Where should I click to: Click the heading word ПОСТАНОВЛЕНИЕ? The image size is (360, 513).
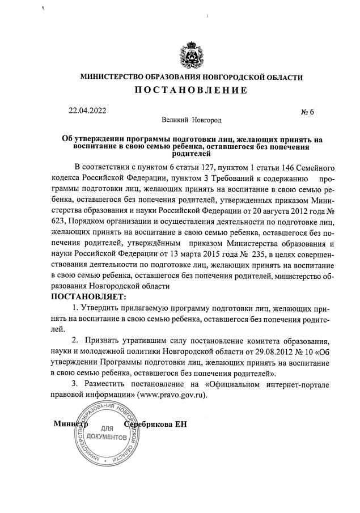coord(191,91)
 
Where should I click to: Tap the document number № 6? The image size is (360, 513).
coord(307,112)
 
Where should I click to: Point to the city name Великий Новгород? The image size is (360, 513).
coord(191,120)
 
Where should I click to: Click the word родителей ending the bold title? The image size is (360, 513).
coord(191,153)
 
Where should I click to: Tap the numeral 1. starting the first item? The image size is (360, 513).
coord(76,308)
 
